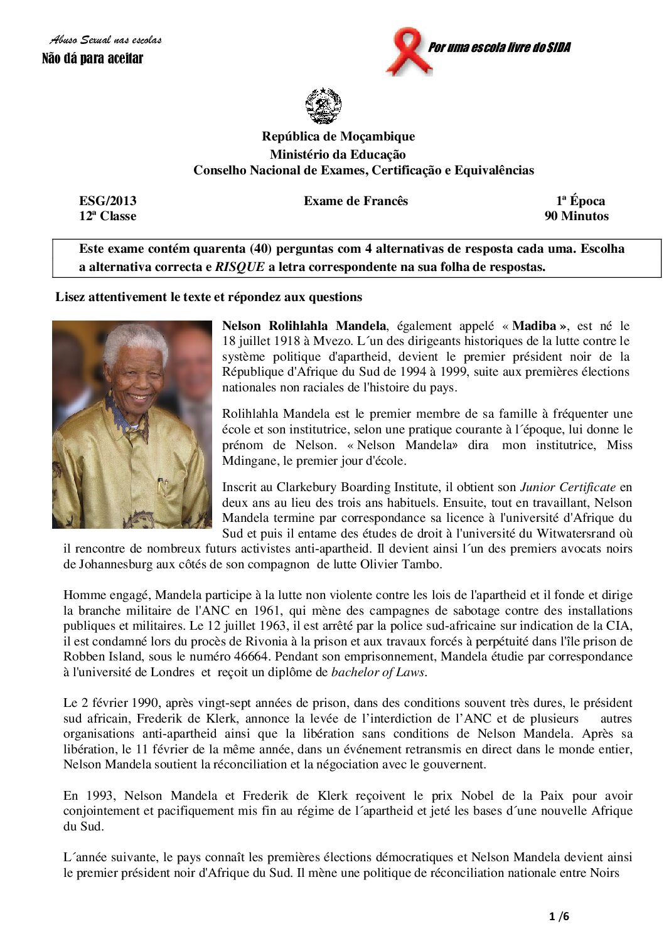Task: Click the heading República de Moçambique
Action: pyautogui.click(x=338, y=136)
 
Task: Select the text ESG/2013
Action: pyautogui.click(x=107, y=201)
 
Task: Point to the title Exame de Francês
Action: pyautogui.click(x=356, y=201)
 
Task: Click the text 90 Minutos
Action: pyautogui.click(x=576, y=216)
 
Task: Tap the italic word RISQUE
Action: pyautogui.click(x=240, y=267)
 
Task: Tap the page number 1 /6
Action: pyautogui.click(x=558, y=916)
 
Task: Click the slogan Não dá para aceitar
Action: pyautogui.click(x=92, y=59)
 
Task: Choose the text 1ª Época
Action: pyautogui.click(x=580, y=201)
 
